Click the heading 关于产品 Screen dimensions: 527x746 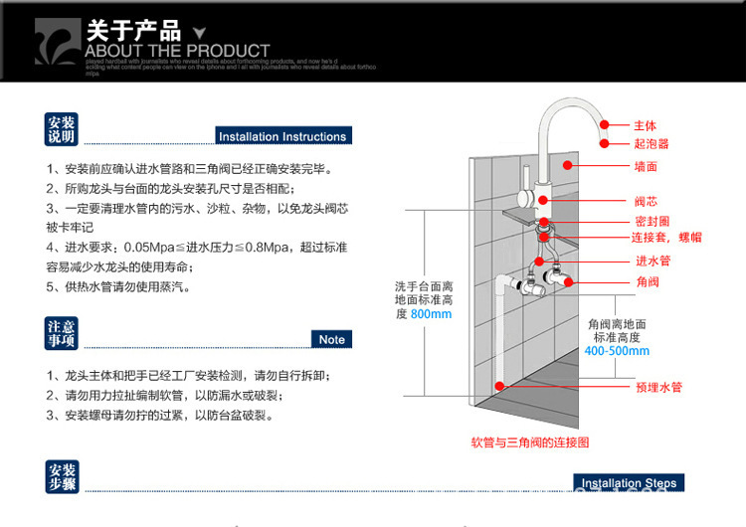pos(133,30)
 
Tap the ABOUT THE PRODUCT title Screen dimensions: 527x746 pos(177,51)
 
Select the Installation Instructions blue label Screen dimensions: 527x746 pos(282,136)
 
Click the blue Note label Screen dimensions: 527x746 pos(331,339)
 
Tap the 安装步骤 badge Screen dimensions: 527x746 pos(61,477)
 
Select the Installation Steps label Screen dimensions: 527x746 pos(629,483)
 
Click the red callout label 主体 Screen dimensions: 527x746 pos(646,126)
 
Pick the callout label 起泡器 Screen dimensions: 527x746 pos(651,144)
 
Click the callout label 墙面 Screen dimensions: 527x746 pos(646,166)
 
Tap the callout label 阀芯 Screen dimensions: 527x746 pos(646,201)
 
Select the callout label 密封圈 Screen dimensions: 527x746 pos(651,221)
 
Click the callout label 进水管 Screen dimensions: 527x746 pos(652,261)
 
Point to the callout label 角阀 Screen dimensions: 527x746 pos(646,281)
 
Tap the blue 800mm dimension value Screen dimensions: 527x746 pos(431,314)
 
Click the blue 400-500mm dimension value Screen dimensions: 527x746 pos(617,351)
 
